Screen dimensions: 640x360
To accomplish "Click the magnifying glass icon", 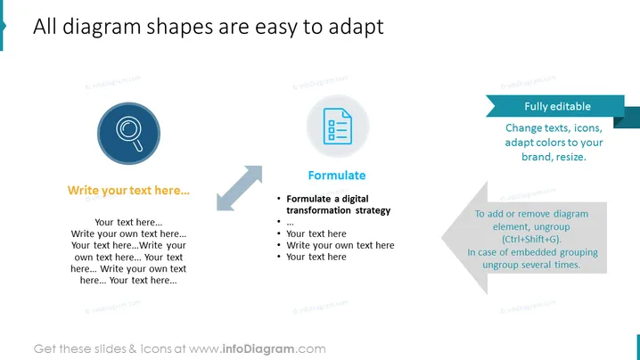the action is coord(129,133).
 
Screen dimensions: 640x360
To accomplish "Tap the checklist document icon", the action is coord(338,127).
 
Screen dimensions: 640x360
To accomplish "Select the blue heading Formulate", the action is coord(337,176).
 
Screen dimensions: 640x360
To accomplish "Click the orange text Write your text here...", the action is coord(128,191).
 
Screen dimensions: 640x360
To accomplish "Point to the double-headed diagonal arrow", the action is coord(239,188).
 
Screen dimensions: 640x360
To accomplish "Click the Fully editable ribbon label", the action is coord(558,107).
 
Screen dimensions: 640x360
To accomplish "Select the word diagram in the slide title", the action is coord(102,28).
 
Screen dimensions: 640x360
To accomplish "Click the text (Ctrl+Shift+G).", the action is coord(531,240).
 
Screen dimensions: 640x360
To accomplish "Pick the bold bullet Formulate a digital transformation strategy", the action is coord(339,204).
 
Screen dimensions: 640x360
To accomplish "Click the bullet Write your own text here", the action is coord(341,245).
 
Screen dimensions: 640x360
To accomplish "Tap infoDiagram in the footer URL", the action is coord(258,349).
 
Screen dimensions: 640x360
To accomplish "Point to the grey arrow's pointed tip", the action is coord(442,238).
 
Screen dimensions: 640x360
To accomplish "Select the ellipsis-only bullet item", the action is coord(290,223).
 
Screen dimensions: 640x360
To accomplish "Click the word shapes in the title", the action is coord(179,28).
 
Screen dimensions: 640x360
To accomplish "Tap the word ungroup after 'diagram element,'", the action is coord(552,227).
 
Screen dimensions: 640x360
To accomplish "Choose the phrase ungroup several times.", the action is coord(531,265).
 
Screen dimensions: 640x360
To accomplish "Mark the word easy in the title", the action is coord(276,28).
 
